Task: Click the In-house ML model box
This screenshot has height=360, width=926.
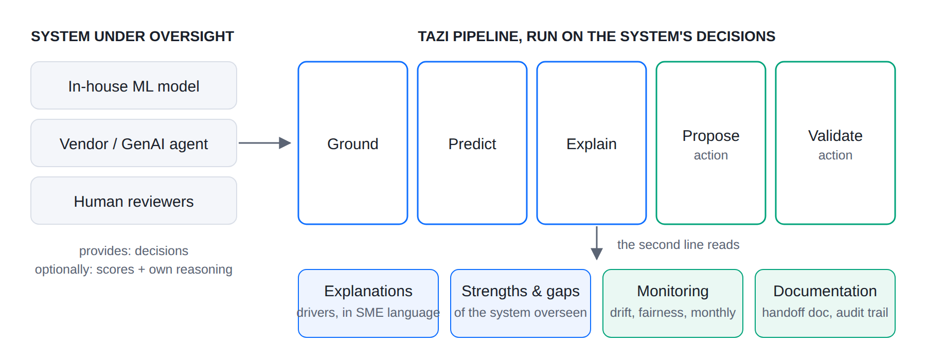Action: [x=134, y=85]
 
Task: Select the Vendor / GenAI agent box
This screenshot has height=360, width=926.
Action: [x=134, y=143]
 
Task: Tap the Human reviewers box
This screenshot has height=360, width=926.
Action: [x=134, y=201]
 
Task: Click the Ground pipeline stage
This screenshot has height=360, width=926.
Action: [x=353, y=143]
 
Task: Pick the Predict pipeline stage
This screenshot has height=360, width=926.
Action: [x=472, y=143]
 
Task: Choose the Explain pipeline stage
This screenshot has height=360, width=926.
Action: [x=592, y=143]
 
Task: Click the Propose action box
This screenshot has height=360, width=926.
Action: [x=711, y=143]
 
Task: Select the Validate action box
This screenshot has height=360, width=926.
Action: [x=835, y=143]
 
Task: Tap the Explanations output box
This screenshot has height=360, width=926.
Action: [x=368, y=303]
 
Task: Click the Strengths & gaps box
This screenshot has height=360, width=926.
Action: [x=521, y=303]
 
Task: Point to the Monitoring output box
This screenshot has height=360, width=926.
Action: [x=673, y=303]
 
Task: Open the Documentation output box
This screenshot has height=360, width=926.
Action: [x=825, y=303]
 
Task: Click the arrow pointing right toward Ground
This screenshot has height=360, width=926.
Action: [x=265, y=143]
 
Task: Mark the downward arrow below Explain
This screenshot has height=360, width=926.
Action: [x=597, y=243]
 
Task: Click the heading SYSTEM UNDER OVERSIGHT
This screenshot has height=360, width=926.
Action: [x=132, y=37]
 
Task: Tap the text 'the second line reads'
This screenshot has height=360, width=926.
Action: [x=678, y=245]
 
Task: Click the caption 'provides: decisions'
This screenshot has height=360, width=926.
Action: [x=134, y=251]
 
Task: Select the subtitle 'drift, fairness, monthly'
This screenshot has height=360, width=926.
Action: [x=673, y=313]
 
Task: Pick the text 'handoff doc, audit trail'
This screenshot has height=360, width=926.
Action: [x=825, y=313]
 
